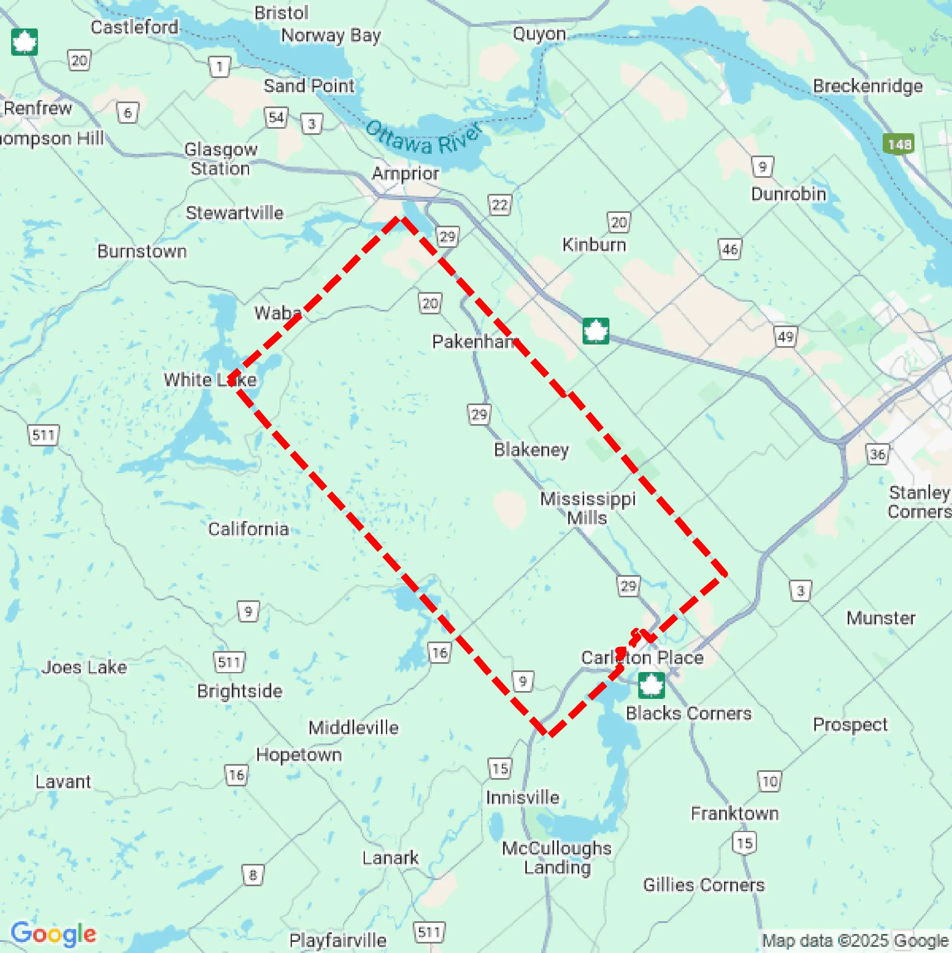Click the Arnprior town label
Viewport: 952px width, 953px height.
click(405, 174)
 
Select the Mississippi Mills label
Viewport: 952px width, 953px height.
click(588, 508)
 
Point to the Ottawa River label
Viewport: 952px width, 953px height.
click(424, 138)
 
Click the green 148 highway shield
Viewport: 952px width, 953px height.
click(898, 144)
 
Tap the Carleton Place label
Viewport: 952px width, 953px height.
click(642, 658)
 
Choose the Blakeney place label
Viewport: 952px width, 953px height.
click(531, 449)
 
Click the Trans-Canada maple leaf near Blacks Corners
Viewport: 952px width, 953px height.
click(651, 686)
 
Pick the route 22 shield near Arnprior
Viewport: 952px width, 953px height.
click(500, 205)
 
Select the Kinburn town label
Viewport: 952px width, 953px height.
click(594, 245)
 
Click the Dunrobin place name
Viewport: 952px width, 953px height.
click(788, 194)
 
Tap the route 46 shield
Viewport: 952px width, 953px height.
click(730, 250)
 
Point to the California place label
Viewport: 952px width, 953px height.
click(248, 529)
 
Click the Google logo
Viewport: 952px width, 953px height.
click(53, 934)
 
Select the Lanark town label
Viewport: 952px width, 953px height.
click(390, 858)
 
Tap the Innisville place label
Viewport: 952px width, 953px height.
click(522, 797)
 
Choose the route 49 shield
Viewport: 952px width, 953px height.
click(785, 337)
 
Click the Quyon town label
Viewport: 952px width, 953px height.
click(539, 34)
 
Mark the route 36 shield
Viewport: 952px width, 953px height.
click(877, 454)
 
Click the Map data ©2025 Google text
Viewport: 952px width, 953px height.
click(856, 940)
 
